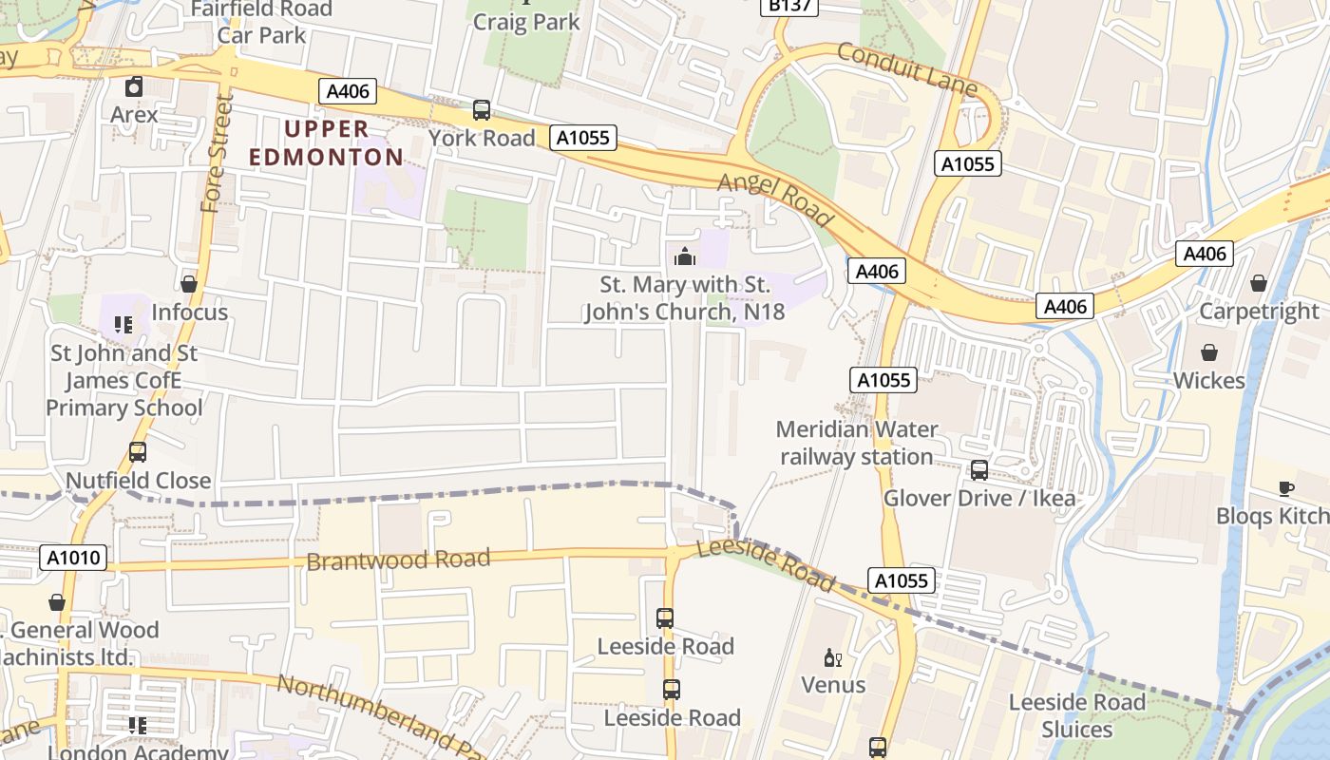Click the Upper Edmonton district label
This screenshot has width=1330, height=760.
click(327, 142)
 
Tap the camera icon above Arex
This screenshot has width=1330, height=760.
click(134, 86)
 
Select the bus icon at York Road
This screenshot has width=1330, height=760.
click(482, 110)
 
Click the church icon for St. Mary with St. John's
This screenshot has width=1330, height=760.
click(684, 256)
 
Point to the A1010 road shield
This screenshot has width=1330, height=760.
click(74, 558)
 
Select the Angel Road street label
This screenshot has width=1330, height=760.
click(775, 199)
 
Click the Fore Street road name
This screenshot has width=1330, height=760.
click(218, 153)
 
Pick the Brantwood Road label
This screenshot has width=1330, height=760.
click(398, 559)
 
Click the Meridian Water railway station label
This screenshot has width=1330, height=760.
click(857, 443)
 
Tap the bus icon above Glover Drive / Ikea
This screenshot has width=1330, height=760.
click(979, 470)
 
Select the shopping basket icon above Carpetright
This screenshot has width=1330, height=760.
click(1259, 283)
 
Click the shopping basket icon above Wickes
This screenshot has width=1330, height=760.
click(1209, 352)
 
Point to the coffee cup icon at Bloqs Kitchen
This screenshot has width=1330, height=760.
click(1286, 488)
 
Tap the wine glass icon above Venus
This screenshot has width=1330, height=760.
click(833, 657)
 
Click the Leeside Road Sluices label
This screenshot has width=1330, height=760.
click(1076, 715)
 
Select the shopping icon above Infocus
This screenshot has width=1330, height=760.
click(189, 284)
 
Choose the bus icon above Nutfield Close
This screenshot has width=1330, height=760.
click(138, 452)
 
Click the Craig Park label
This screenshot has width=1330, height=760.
click(526, 21)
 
